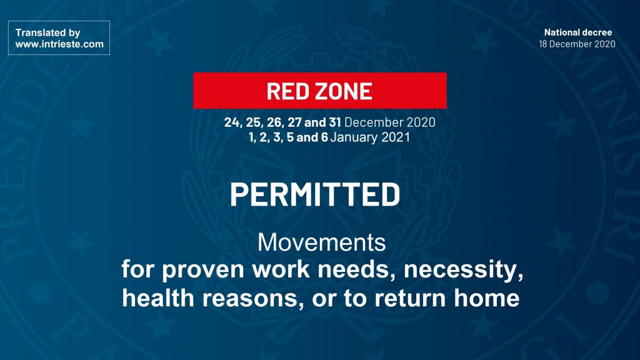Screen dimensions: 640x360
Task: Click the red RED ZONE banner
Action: pos(319,91)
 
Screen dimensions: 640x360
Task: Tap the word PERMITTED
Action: pos(315,195)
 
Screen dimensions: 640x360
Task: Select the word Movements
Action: pos(322,242)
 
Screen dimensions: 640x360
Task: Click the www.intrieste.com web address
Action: pos(59,44)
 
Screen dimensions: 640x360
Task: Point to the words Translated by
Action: pos(47,32)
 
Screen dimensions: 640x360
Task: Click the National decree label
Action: pos(578,32)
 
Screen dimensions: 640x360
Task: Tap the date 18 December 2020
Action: pos(577,44)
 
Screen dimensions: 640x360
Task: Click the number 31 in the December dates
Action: pos(335,122)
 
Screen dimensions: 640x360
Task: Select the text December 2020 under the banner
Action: pos(390,122)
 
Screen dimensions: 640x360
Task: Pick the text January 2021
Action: pos(370,137)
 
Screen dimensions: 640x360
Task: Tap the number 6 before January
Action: pos(324,137)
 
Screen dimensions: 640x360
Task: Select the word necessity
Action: pos(463,270)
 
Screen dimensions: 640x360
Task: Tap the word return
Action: pos(411,298)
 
